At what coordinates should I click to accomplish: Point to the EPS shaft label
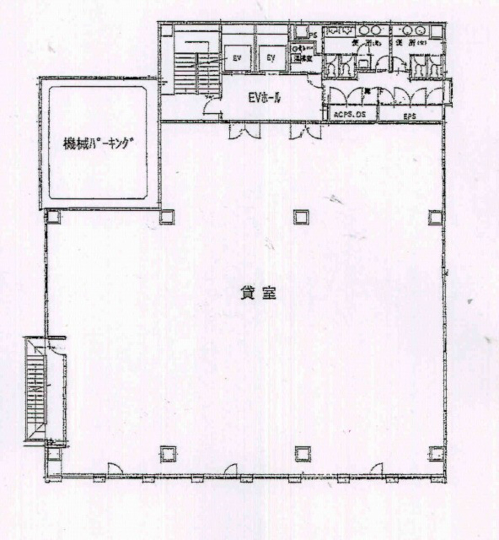tap(410, 116)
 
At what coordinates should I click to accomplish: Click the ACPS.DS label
tap(350, 115)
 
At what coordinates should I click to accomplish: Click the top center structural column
tap(300, 217)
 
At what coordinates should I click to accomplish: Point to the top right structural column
tap(434, 217)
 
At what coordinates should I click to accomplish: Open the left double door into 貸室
tap(245, 130)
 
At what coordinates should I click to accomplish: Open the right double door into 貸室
tap(306, 130)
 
